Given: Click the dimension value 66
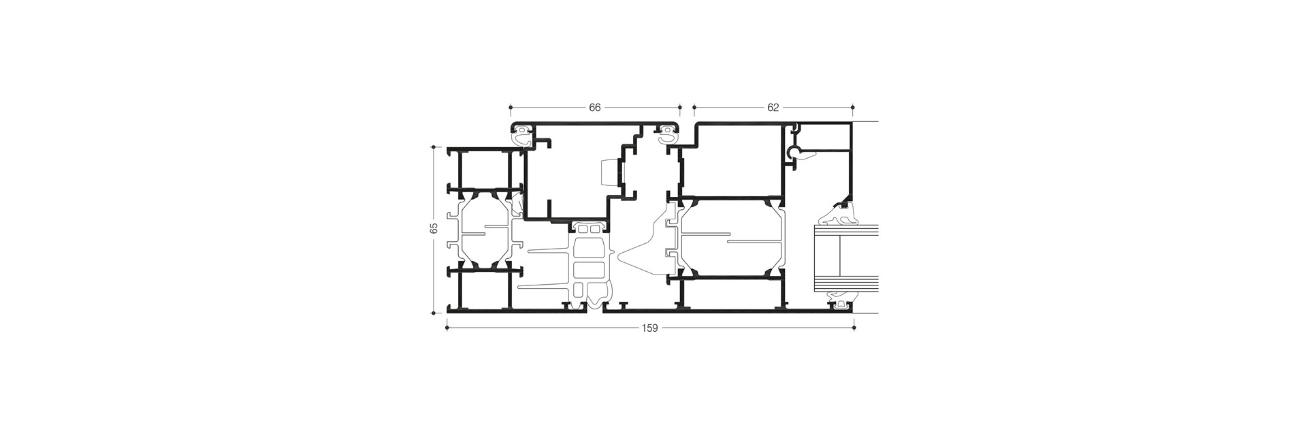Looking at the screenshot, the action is pyautogui.click(x=595, y=108).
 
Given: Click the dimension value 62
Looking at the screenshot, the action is pyautogui.click(x=773, y=108).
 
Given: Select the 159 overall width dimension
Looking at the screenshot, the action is pyautogui.click(x=650, y=328).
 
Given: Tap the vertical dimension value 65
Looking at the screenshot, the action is pyautogui.click(x=434, y=229).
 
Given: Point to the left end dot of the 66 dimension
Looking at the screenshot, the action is pyautogui.click(x=510, y=108).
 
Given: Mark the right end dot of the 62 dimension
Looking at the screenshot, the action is pyautogui.click(x=854, y=108).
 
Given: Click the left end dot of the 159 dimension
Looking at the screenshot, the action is pyautogui.click(x=447, y=328).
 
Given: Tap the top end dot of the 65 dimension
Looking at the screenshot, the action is pyautogui.click(x=434, y=146).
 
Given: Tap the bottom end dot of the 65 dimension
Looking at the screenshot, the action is pyautogui.click(x=434, y=313).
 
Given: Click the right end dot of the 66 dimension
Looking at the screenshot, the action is pyautogui.click(x=680, y=108).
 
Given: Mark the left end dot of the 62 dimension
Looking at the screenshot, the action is pyautogui.click(x=694, y=108).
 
